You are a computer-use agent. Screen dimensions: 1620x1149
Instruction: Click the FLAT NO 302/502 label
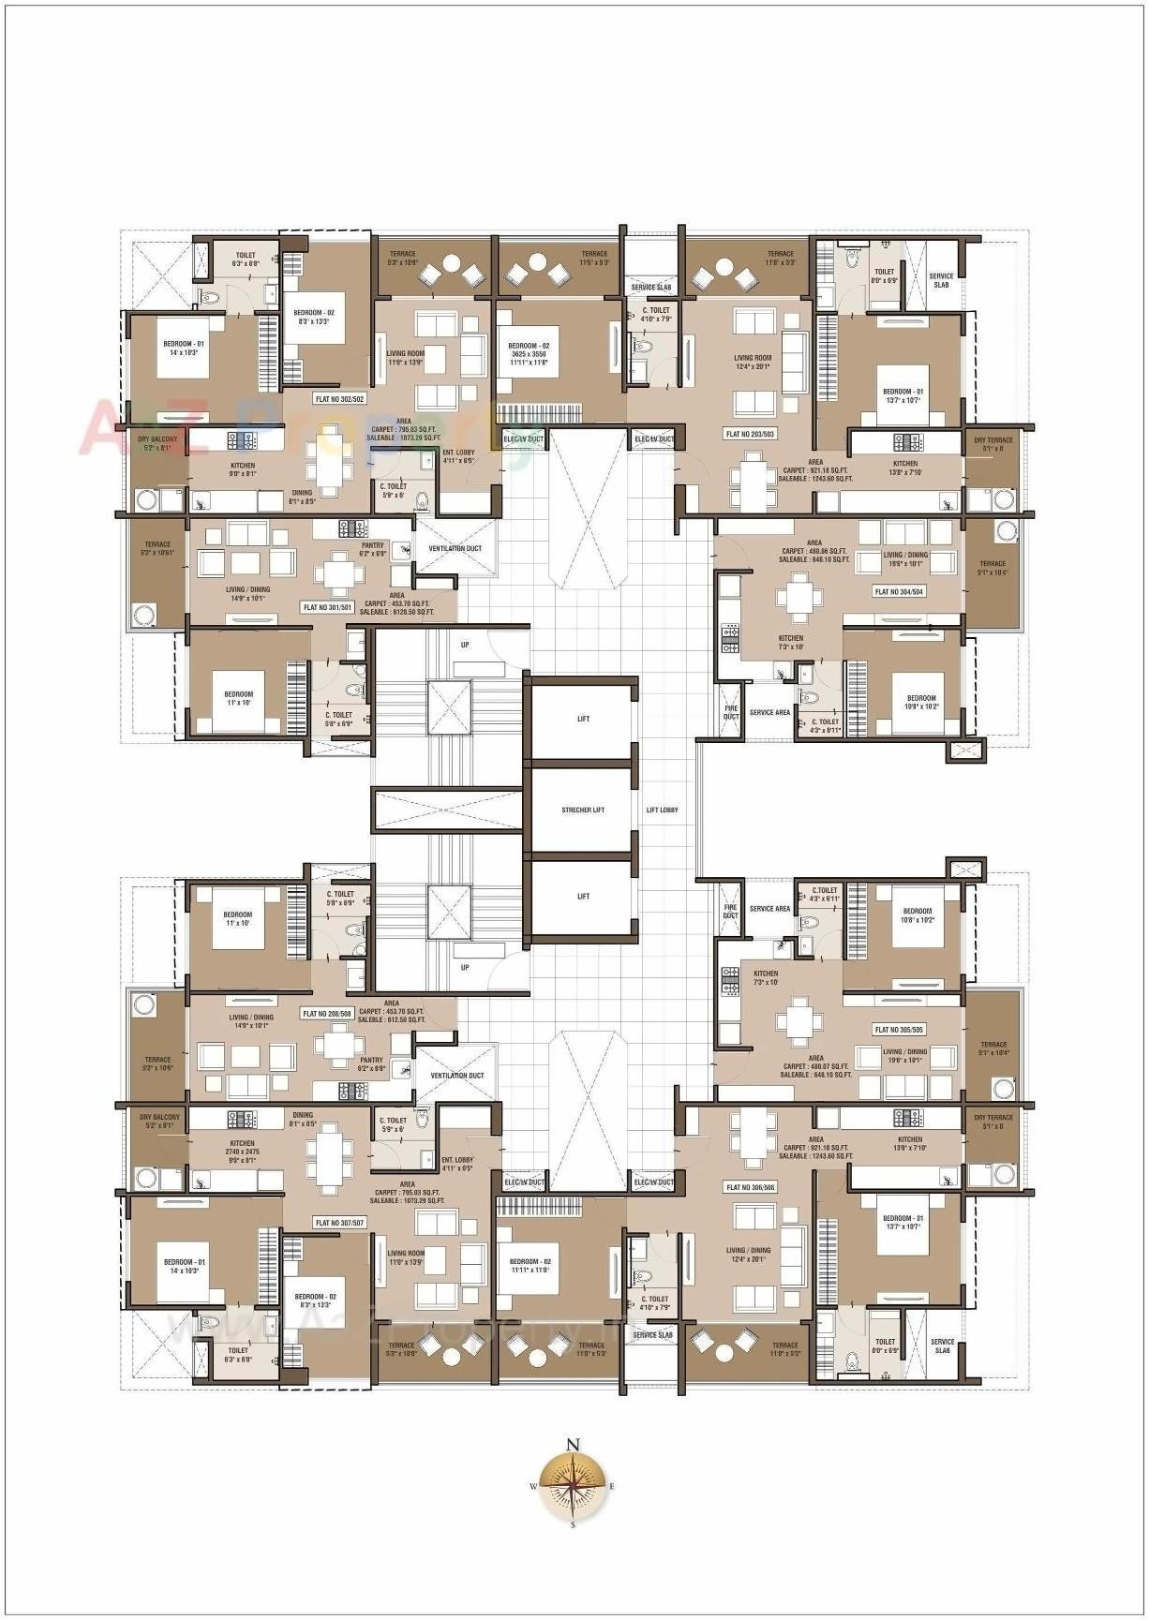click(x=339, y=399)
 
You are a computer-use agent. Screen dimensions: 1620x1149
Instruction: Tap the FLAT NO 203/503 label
click(x=750, y=434)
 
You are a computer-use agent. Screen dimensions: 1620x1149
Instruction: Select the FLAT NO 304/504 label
click(x=899, y=591)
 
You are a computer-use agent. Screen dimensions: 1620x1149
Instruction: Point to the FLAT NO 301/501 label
click(x=327, y=607)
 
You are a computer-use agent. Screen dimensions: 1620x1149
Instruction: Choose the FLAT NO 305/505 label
click(x=899, y=1030)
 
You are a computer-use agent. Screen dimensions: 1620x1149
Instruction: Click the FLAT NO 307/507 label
click(x=339, y=1223)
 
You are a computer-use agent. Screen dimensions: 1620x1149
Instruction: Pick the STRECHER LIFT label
click(x=583, y=810)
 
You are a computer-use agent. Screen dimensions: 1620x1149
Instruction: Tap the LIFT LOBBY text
click(x=662, y=810)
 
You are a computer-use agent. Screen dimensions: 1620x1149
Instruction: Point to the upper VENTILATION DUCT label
click(x=455, y=548)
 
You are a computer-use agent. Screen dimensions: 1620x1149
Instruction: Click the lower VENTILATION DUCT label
click(x=457, y=1076)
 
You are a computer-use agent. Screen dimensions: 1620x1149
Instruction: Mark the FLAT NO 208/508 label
click(x=327, y=1014)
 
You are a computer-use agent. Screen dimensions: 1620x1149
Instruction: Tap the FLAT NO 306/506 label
click(x=751, y=1187)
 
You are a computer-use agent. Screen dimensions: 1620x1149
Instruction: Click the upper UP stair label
click(x=465, y=645)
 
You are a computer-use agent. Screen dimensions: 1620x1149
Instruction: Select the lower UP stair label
click(x=465, y=968)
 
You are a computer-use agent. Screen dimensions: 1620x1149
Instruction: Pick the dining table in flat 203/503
click(x=753, y=481)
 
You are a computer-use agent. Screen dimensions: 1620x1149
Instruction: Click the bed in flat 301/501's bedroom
click(x=238, y=698)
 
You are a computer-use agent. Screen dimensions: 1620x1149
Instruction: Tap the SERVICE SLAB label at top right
click(x=941, y=280)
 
